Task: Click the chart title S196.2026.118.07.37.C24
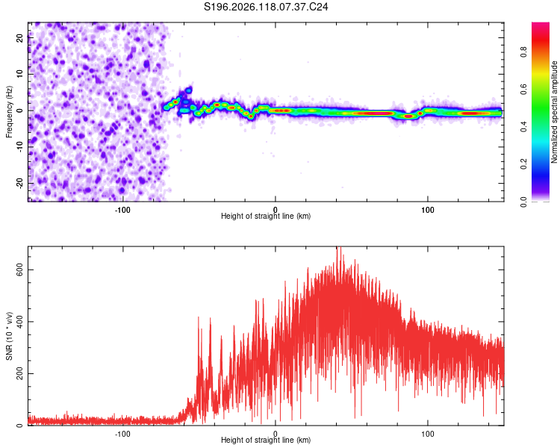coord(266,7)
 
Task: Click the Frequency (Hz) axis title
coord(9,112)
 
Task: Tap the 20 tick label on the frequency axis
coord(19,37)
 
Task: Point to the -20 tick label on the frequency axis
coord(19,183)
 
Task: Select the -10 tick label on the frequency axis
coord(19,146)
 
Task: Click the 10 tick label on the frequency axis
coord(19,74)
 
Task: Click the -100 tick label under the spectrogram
coord(122,210)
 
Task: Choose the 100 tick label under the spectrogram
coord(428,210)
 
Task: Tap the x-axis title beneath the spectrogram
coord(266,216)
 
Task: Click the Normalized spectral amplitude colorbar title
coord(554,112)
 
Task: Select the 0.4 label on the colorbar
coord(523,126)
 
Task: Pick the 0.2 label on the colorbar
coord(523,164)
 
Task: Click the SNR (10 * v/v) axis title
coord(9,336)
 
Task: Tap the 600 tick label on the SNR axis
coord(19,270)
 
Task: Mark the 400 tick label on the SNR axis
coord(19,322)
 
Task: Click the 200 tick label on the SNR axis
coord(19,373)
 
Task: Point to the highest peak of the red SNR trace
coord(337,247)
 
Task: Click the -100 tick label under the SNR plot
coord(122,434)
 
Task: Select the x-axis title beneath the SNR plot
coord(266,440)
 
